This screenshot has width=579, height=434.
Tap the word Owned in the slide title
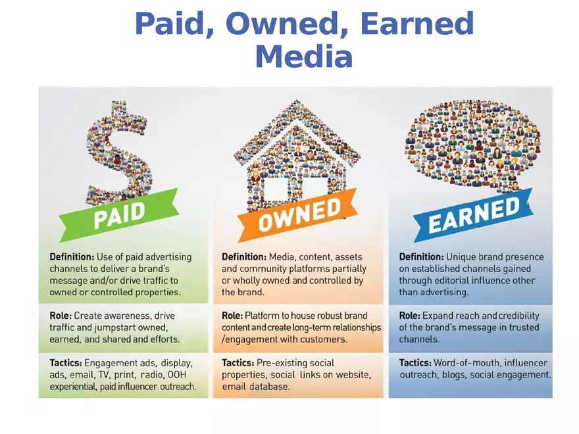point(288,24)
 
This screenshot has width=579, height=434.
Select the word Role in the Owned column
point(232,316)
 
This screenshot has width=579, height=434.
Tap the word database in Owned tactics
point(268,387)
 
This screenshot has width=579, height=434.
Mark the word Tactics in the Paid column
point(66,363)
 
